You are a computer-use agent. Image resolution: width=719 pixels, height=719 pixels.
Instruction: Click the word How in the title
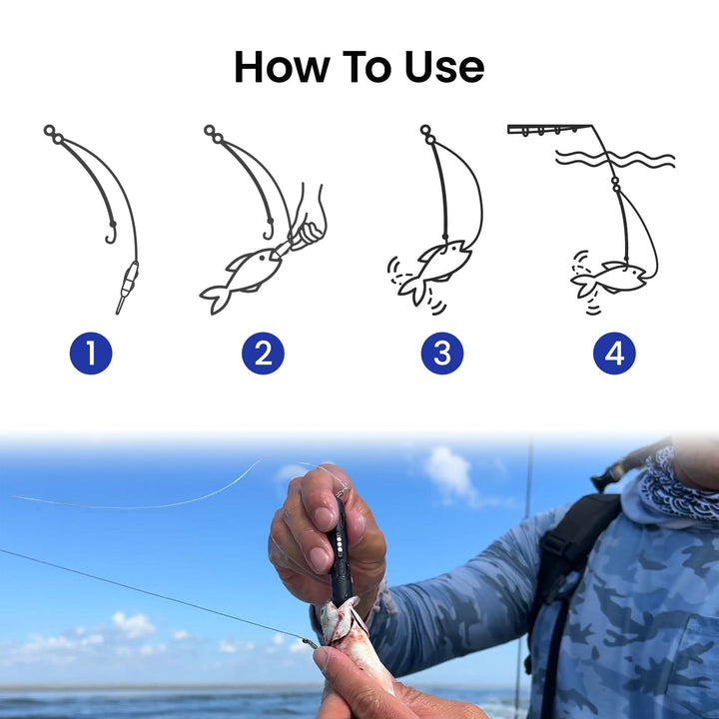pyautogui.click(x=275, y=67)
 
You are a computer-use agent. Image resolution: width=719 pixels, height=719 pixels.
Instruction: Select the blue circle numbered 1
pyautogui.click(x=91, y=354)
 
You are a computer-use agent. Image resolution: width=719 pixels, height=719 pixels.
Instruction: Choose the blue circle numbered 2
pyautogui.click(x=263, y=354)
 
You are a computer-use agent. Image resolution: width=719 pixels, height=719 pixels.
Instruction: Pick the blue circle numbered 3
pyautogui.click(x=441, y=354)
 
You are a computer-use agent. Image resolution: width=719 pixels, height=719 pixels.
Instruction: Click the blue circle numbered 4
pyautogui.click(x=614, y=354)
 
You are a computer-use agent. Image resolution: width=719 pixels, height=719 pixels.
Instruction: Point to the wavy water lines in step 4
pyautogui.click(x=614, y=158)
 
